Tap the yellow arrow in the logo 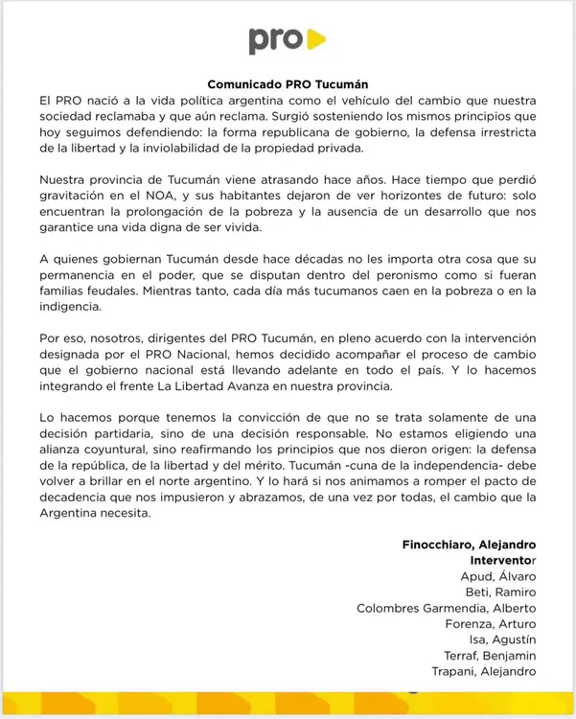pos(315,39)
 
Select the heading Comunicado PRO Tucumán pos(288,84)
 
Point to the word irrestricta pos(497,131)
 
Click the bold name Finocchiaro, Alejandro pos(469,545)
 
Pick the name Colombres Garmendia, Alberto pos(446,608)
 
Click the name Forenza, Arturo pos(491,623)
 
